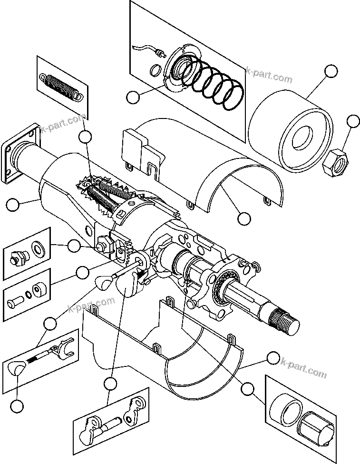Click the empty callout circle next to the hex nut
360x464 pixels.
pos(353,121)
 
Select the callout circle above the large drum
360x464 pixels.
pos(331,71)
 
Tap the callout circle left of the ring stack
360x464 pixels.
pos(134,97)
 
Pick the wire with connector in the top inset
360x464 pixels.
pos(147,49)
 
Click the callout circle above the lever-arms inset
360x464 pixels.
pos(110,382)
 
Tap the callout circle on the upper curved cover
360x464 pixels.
pos(243,218)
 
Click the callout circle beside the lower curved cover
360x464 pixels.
pos(273,358)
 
